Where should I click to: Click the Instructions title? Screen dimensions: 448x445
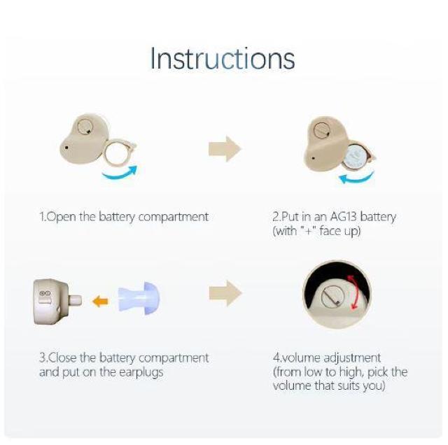click(x=223, y=59)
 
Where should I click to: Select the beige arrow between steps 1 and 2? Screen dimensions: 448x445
click(x=225, y=149)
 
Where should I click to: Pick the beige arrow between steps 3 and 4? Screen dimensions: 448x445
click(x=225, y=293)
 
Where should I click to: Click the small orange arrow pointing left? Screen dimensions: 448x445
click(x=100, y=302)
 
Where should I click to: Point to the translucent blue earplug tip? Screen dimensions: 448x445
click(x=139, y=299)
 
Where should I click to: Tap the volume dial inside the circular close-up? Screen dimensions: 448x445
click(x=330, y=297)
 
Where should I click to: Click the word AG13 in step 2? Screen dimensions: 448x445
click(x=344, y=217)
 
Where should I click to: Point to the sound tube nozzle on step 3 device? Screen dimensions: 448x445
click(x=75, y=300)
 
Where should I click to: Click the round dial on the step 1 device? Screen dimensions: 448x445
click(x=85, y=126)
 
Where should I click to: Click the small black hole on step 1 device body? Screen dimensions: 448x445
click(x=66, y=148)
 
